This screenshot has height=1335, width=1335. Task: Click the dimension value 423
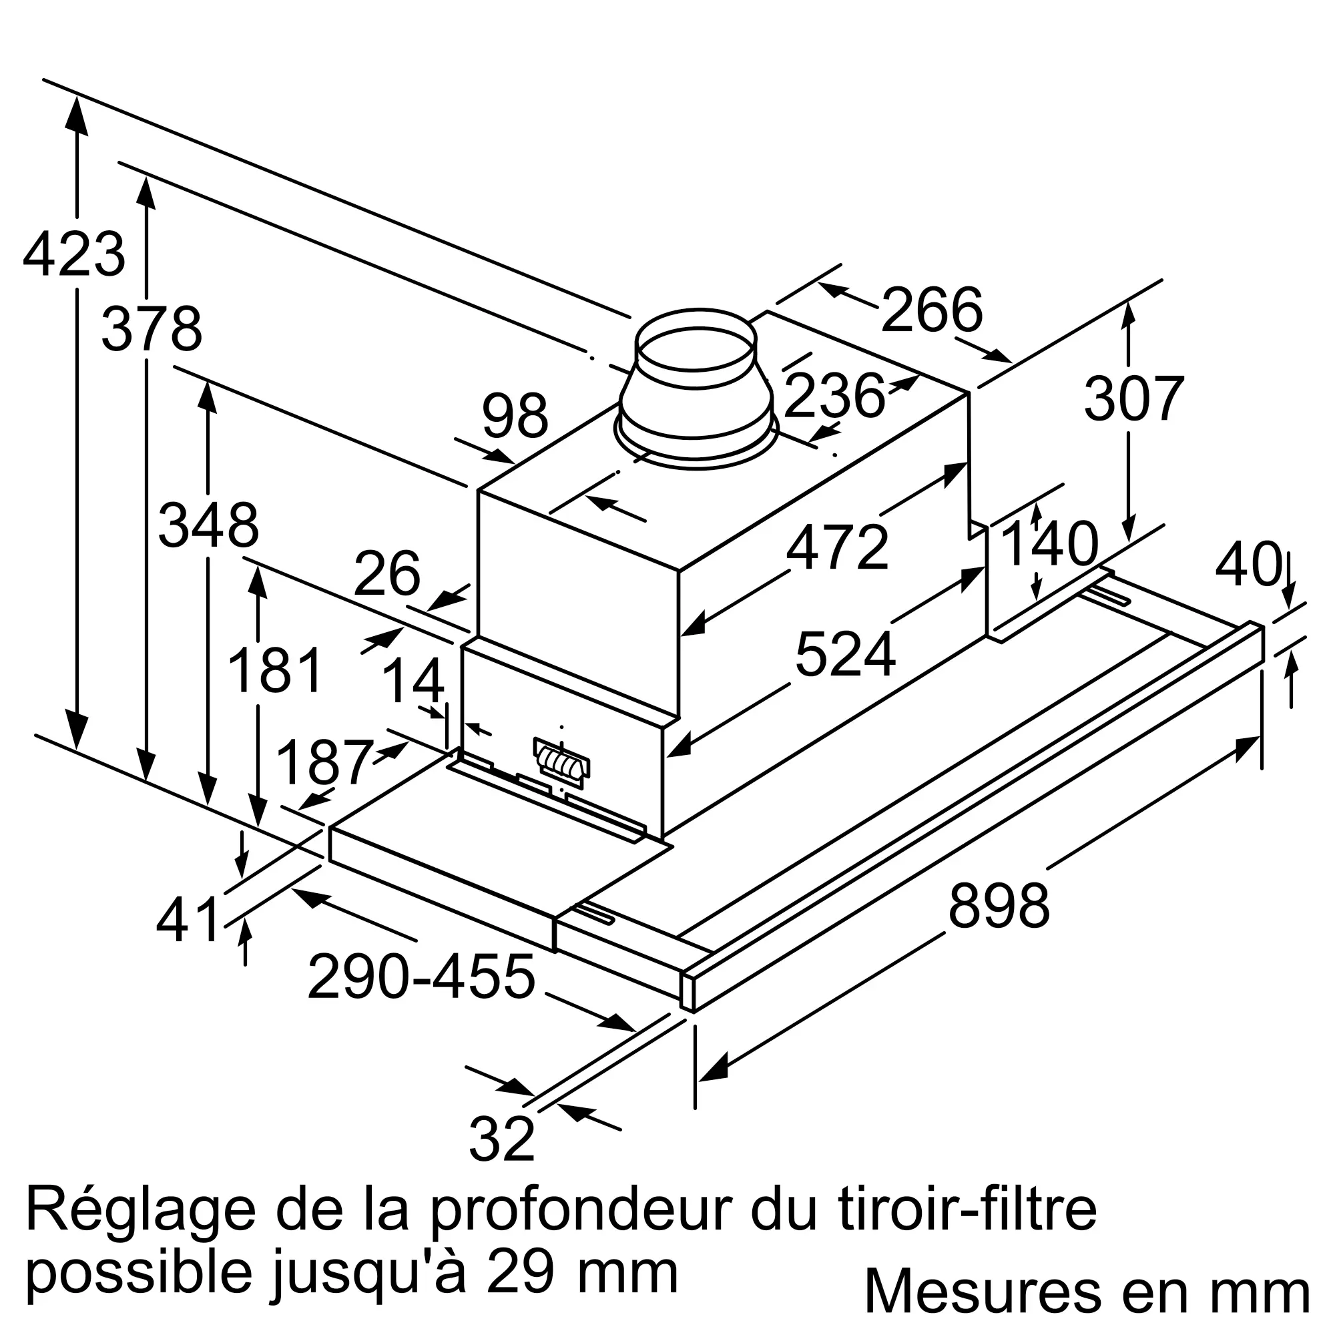(x=74, y=254)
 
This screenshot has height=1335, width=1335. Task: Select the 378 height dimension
(x=152, y=329)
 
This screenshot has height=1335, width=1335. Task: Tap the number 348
(x=209, y=525)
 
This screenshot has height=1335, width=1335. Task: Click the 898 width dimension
(x=999, y=905)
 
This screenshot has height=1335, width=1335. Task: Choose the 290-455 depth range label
(x=421, y=977)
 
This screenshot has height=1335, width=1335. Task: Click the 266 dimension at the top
(x=931, y=310)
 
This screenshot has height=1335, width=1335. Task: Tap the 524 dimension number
(x=845, y=653)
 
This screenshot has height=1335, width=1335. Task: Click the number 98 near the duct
(x=515, y=415)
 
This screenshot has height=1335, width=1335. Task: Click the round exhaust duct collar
(x=696, y=389)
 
